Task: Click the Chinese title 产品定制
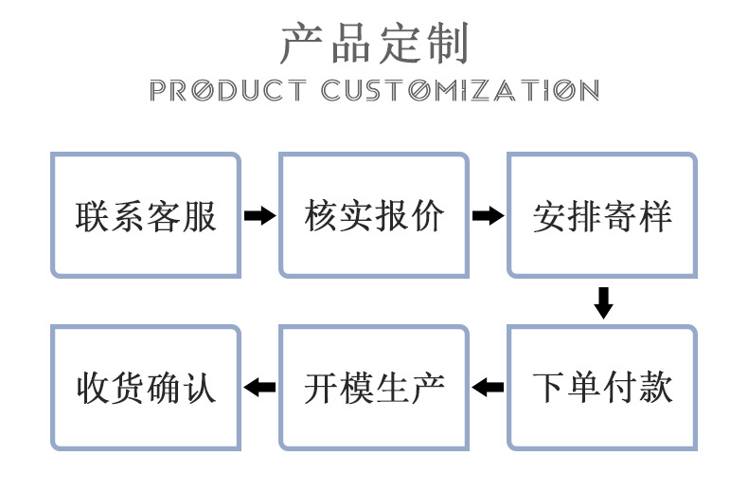click(374, 44)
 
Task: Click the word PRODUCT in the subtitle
click(227, 91)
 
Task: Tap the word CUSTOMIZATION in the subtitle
click(460, 91)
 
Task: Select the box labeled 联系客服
click(146, 215)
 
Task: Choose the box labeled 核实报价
click(374, 215)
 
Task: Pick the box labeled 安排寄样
click(602, 215)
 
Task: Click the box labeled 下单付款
click(602, 387)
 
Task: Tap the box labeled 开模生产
click(374, 387)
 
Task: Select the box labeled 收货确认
click(146, 387)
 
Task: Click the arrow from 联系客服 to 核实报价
click(259, 216)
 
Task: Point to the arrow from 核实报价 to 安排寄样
click(488, 216)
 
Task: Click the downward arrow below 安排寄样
click(603, 301)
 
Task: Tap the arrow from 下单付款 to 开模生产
click(488, 387)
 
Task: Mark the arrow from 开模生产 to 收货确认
click(259, 387)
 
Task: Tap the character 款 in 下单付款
click(656, 388)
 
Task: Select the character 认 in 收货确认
click(200, 388)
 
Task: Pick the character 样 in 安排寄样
click(656, 216)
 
